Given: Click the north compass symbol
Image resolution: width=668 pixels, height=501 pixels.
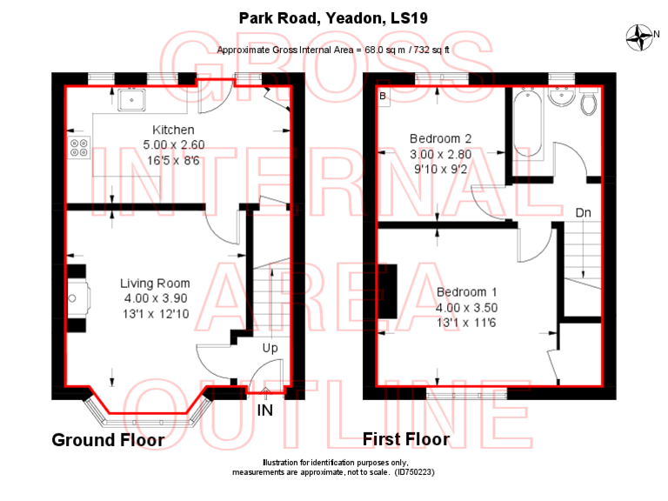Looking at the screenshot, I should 642,36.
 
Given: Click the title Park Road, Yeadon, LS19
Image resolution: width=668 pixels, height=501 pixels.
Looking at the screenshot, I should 334,17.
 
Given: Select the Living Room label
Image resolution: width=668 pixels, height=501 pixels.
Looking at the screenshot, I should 155,283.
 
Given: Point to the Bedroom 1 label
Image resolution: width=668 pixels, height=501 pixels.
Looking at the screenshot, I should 467,291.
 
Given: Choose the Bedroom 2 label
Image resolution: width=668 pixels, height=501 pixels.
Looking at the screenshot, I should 441,138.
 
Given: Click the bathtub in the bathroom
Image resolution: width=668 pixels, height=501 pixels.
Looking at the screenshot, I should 528,124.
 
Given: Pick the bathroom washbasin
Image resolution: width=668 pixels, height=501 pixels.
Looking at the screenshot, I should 562,101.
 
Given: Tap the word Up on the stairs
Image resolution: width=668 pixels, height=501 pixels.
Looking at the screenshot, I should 271,348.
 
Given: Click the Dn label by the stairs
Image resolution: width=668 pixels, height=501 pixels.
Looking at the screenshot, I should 584,212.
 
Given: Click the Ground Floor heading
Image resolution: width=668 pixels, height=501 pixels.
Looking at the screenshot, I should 108,440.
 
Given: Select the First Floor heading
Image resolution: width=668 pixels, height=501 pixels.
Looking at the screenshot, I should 406,439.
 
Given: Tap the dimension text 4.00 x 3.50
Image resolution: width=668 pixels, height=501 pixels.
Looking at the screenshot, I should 467,307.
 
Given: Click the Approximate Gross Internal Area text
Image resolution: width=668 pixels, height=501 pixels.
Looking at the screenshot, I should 333,50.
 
